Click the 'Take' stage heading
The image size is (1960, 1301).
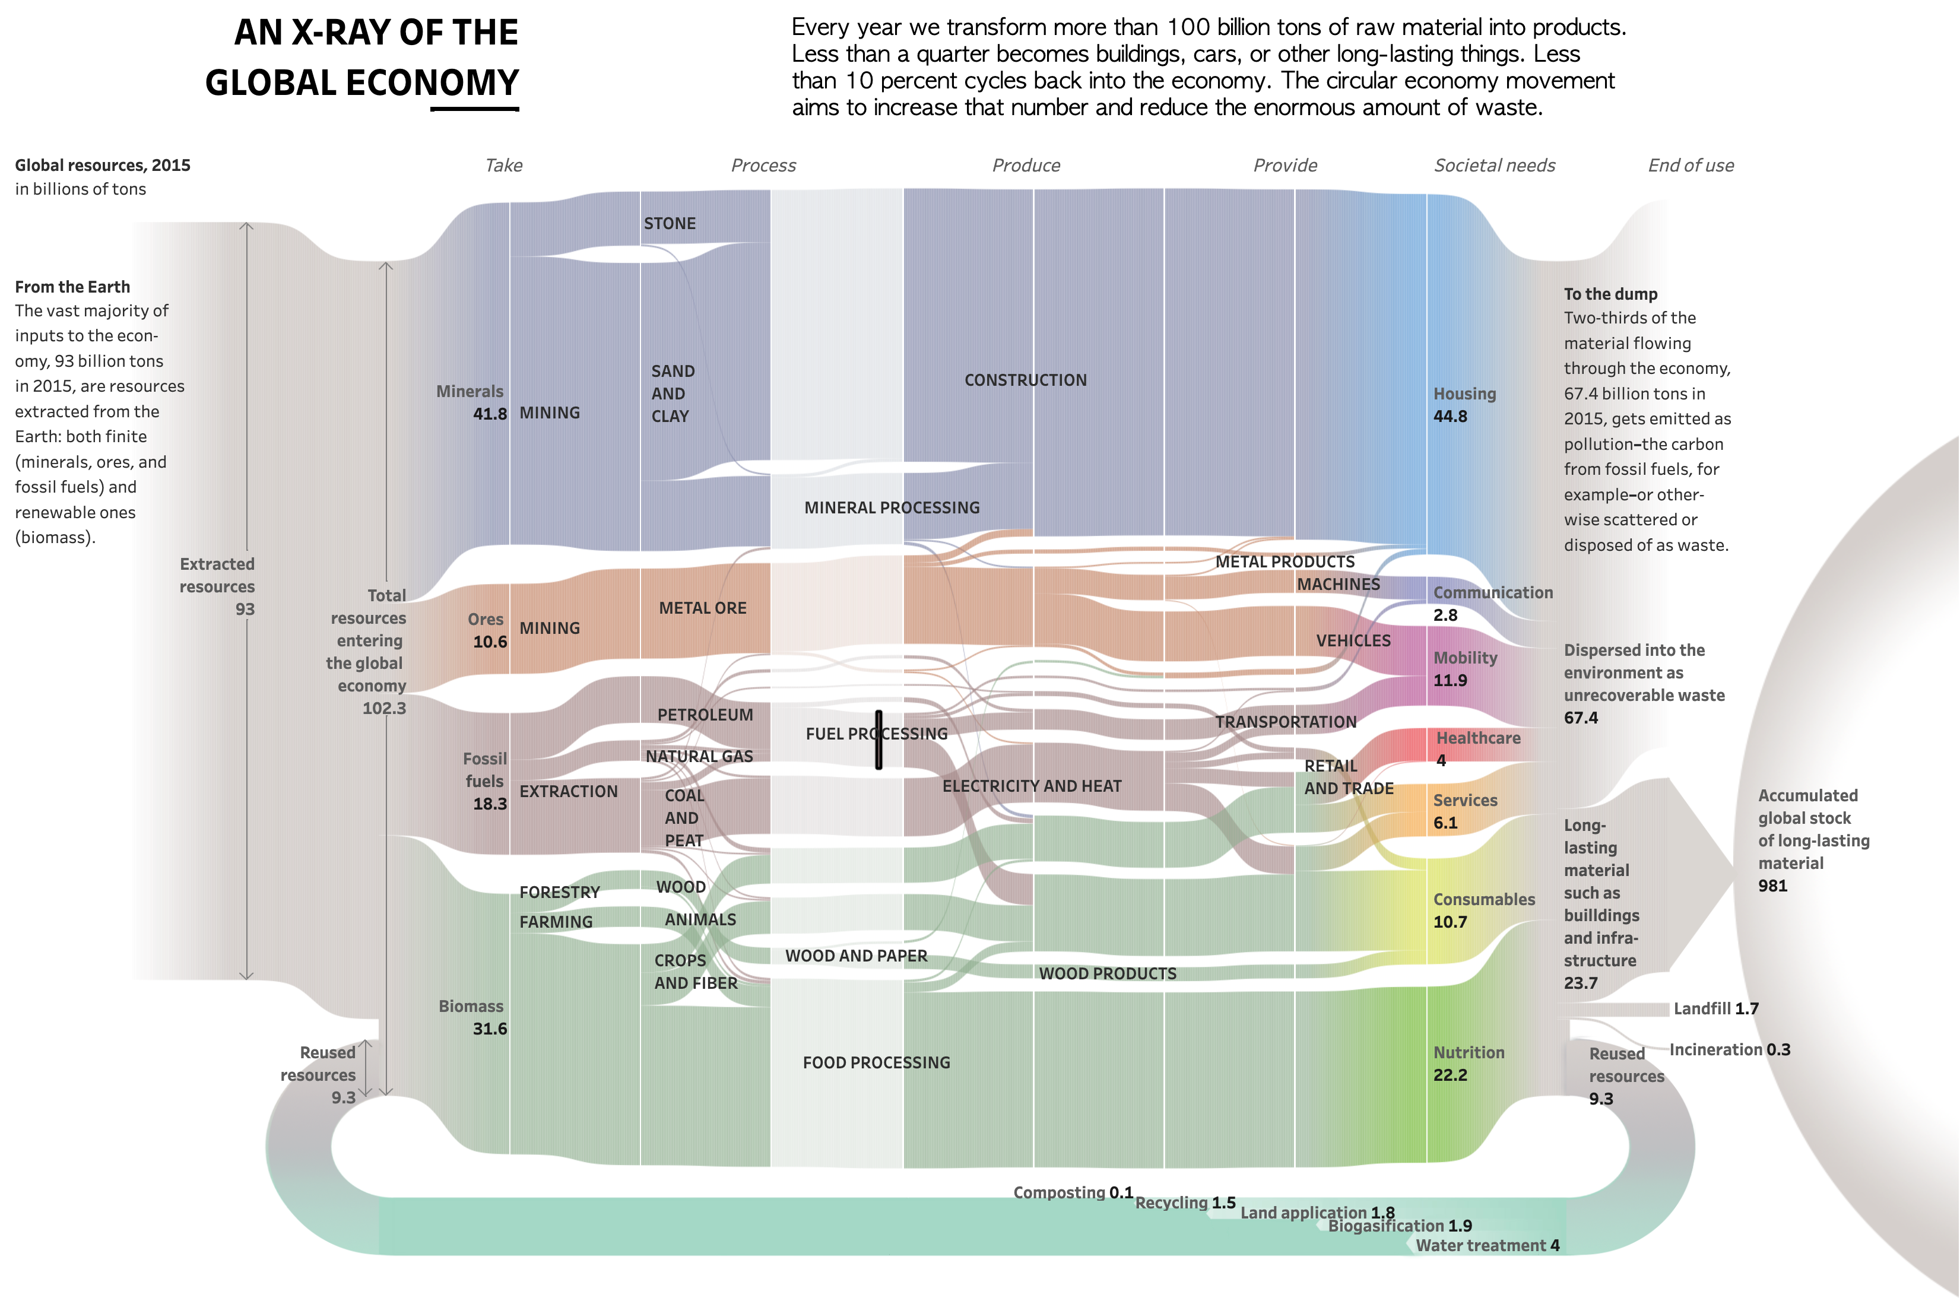(x=504, y=165)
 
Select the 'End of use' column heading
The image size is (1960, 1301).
(x=1691, y=165)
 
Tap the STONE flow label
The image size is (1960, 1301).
(x=670, y=223)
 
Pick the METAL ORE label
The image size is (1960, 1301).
(x=702, y=608)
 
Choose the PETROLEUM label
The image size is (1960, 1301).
(x=705, y=715)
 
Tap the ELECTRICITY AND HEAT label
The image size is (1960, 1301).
(x=1032, y=786)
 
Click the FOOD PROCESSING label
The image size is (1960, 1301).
(x=876, y=1062)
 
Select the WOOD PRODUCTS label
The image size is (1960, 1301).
(x=1107, y=973)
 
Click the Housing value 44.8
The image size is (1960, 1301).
(x=1451, y=417)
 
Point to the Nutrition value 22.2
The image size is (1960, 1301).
(x=1451, y=1074)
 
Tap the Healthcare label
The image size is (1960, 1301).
(x=1478, y=738)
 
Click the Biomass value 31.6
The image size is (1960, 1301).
(x=490, y=1029)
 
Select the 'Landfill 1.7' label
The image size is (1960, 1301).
(x=1715, y=1008)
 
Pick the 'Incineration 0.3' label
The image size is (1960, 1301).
(x=1729, y=1049)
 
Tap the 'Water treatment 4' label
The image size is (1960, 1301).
(x=1487, y=1245)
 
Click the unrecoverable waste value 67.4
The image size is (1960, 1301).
(x=1581, y=718)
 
